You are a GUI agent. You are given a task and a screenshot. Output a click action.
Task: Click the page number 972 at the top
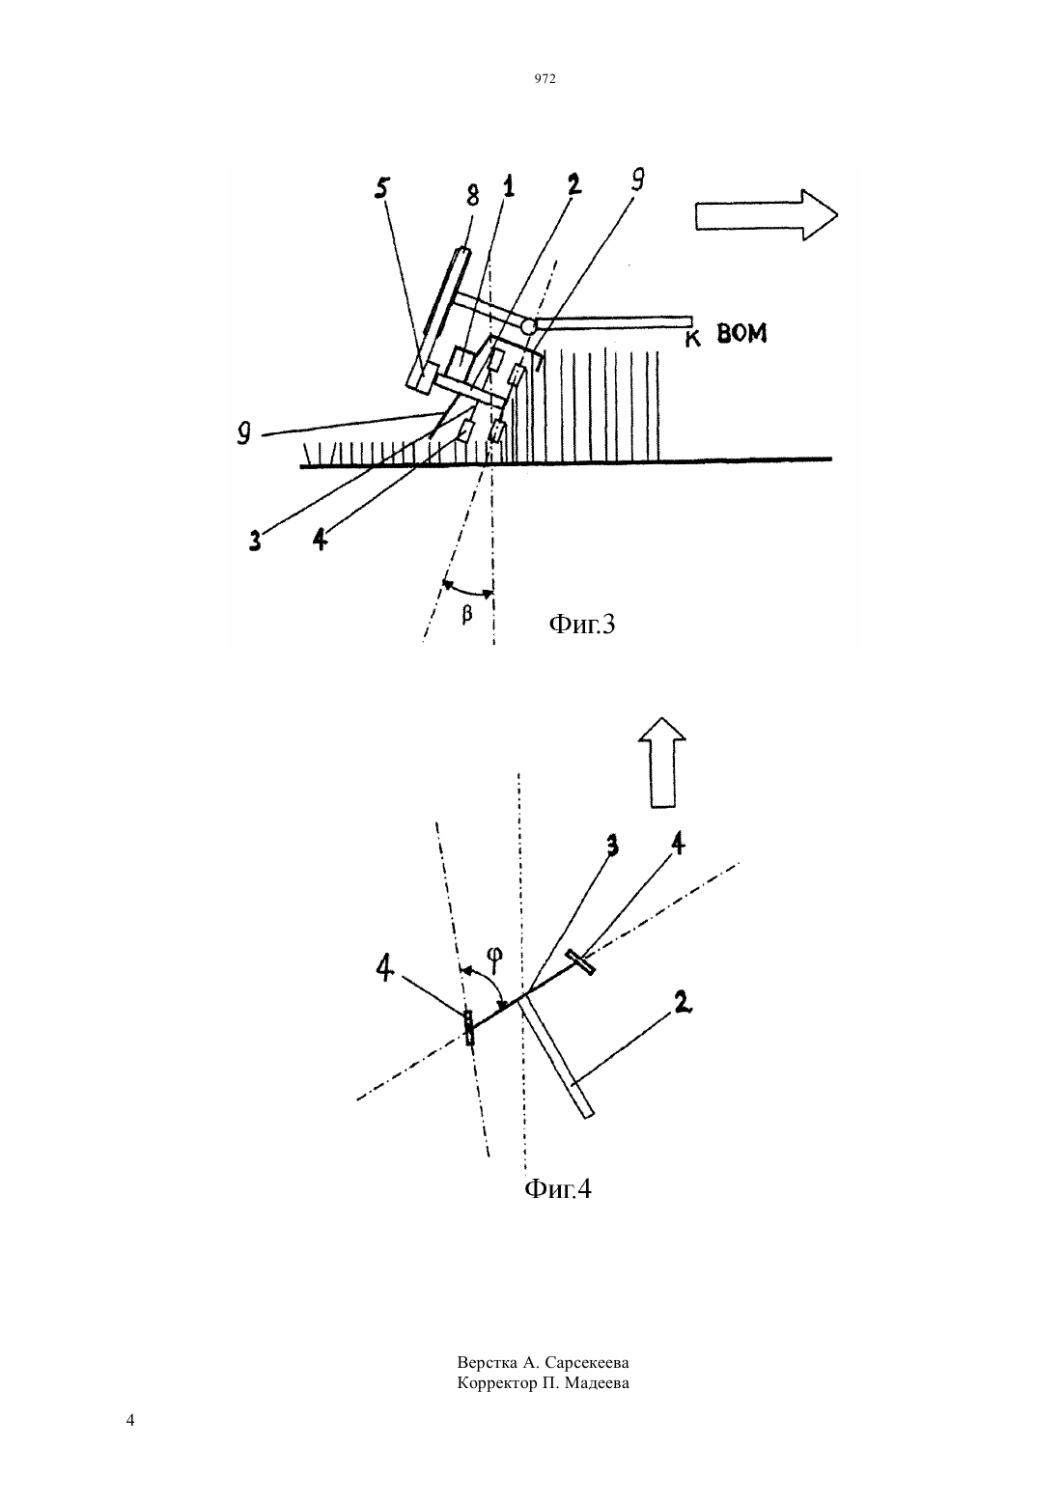click(545, 79)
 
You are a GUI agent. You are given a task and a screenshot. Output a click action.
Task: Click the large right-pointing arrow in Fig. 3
click(767, 214)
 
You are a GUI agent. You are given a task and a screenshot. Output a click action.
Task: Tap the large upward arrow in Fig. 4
click(661, 763)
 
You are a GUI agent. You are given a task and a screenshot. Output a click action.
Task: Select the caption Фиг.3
click(581, 625)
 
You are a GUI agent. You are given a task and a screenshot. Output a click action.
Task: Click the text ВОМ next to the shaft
click(741, 333)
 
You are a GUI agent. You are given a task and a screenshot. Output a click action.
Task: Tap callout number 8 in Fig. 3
click(473, 195)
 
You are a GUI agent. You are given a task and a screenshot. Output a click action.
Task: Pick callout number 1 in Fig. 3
click(509, 185)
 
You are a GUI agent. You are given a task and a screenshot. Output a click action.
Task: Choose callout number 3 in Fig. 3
click(255, 540)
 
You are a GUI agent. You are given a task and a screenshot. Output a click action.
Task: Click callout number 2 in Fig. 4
click(681, 1002)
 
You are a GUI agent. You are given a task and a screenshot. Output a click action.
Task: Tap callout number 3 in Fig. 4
click(611, 847)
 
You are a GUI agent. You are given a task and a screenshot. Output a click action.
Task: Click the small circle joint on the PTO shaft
click(528, 326)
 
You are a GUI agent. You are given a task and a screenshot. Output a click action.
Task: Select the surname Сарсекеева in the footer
click(587, 1363)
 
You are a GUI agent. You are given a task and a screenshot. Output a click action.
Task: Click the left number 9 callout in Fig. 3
click(244, 433)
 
